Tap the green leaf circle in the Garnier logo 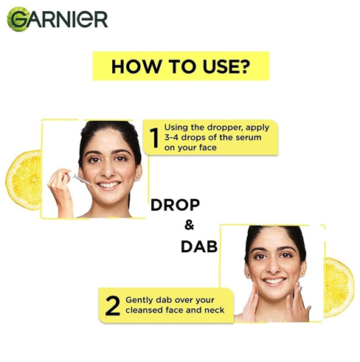coord(18,19)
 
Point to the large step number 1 coord(154,138)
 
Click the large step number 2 coord(113,306)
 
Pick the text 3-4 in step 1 coord(172,137)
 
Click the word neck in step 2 coord(215,310)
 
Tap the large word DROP coord(175,205)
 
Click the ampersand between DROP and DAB coord(189,225)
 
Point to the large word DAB coord(199,246)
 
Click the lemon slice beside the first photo coord(24,180)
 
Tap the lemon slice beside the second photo coord(339,288)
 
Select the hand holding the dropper coord(60,189)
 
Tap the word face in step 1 coord(207,147)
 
